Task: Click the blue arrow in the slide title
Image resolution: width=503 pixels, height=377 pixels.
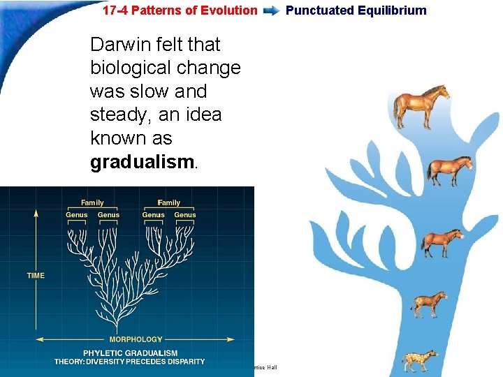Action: (x=272, y=10)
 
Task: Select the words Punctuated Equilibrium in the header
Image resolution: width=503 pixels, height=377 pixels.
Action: (x=356, y=10)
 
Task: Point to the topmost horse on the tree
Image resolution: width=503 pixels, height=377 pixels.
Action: (x=421, y=106)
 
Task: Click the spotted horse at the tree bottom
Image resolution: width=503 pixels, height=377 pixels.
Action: (x=421, y=360)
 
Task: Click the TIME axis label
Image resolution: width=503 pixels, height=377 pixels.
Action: (x=36, y=276)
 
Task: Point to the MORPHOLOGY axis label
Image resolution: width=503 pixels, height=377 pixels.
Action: (x=136, y=340)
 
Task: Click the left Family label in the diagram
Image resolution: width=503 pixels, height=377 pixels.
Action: (x=92, y=203)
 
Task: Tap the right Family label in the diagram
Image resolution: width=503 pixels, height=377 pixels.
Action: (x=169, y=203)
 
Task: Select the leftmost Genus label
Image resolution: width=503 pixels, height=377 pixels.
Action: (x=77, y=215)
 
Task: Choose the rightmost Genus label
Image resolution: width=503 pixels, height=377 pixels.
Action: (x=185, y=215)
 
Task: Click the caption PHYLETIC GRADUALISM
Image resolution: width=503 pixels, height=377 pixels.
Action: (x=130, y=353)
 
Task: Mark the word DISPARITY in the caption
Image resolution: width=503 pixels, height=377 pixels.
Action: (x=182, y=362)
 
